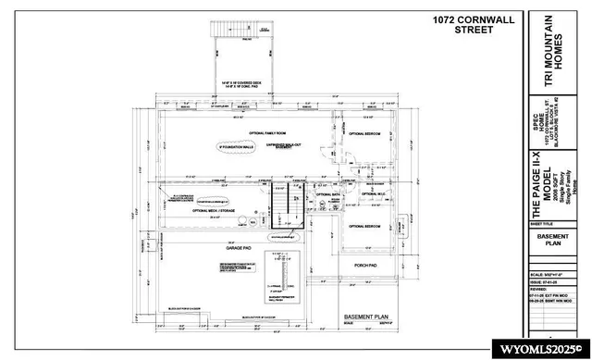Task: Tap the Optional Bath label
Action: [329, 194]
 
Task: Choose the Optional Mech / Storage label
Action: [214, 211]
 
